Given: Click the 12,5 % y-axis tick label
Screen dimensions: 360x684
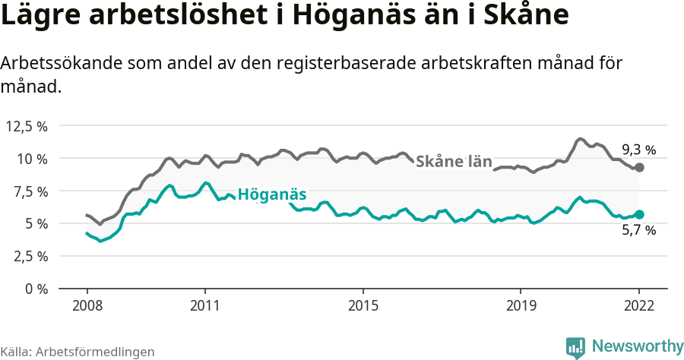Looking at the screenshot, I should point(27,126).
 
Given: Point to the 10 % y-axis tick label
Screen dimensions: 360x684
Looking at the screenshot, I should point(32,159).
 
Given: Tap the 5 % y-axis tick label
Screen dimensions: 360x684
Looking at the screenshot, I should point(36,223).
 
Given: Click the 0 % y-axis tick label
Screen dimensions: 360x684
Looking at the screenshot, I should point(36,289).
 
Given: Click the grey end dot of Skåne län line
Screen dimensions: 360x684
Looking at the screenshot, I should point(639,167).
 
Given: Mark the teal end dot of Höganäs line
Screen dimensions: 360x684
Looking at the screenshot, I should point(639,215).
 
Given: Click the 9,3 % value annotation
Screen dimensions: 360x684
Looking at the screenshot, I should point(638,150).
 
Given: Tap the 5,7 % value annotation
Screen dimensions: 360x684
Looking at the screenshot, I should point(638,231).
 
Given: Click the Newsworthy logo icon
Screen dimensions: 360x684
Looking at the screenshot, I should point(575,347).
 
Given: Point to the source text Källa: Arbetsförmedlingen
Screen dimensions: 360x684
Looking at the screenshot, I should point(78,352).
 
